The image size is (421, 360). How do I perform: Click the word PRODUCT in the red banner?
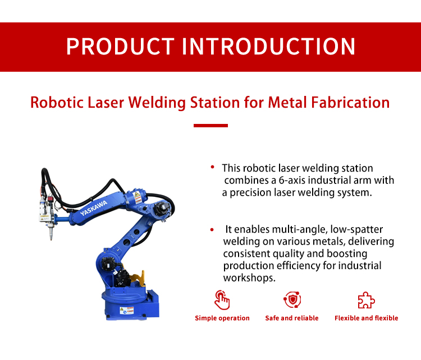click(x=121, y=47)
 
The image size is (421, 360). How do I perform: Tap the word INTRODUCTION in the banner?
click(x=268, y=47)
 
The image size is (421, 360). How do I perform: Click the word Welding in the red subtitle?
click(x=157, y=103)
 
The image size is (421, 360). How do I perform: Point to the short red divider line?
click(x=210, y=126)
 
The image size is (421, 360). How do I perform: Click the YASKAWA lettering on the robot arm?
click(x=94, y=208)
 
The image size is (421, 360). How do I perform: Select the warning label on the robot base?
click(x=126, y=310)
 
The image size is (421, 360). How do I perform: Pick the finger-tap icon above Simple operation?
click(x=222, y=300)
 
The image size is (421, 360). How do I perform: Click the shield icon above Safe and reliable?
click(x=292, y=299)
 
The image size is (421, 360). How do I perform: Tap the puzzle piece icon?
click(x=366, y=300)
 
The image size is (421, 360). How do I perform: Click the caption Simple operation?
click(x=222, y=318)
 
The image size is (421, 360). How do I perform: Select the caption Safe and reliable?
click(x=292, y=318)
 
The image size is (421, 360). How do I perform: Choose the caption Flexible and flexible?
click(x=366, y=318)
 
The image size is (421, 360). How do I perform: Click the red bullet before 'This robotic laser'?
click(x=212, y=167)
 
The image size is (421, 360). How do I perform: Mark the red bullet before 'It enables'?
click(x=212, y=230)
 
